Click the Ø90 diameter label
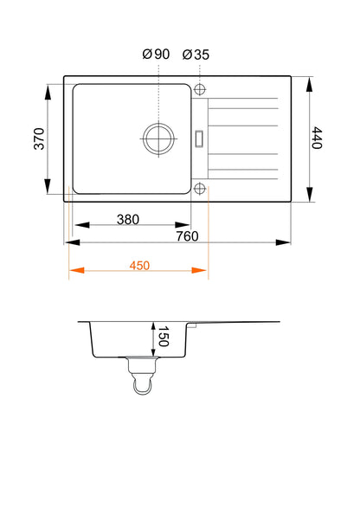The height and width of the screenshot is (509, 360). tap(156, 54)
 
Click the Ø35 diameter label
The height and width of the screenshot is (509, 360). tap(196, 55)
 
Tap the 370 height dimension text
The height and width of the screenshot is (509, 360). tap(39, 139)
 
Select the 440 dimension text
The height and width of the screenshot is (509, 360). tap(317, 138)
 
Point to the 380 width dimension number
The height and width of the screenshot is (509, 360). tap(128, 220)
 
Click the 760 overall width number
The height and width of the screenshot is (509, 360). tap(187, 236)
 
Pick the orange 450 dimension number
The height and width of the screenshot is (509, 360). tap(139, 266)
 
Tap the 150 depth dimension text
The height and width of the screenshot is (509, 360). tap(164, 337)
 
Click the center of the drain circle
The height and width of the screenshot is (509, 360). tap(158, 139)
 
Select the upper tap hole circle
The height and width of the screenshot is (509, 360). tap(200, 89)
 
